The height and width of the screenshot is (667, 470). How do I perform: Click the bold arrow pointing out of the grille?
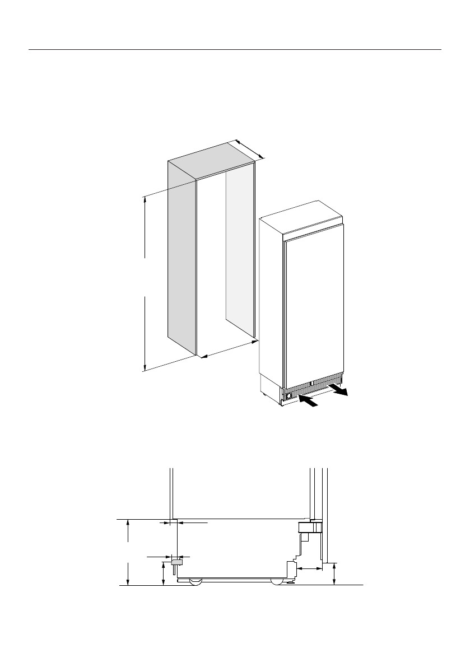pos(338,390)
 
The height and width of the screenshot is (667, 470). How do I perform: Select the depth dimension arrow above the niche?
pos(248,148)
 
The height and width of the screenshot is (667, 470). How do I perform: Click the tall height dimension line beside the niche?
pos(145,283)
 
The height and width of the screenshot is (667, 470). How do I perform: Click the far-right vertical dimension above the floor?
pos(334,574)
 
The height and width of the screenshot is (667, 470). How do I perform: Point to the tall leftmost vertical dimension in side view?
pos(129,552)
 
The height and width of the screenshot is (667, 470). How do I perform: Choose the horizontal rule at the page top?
pos(235,49)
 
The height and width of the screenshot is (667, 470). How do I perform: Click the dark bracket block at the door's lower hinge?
pos(308,526)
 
